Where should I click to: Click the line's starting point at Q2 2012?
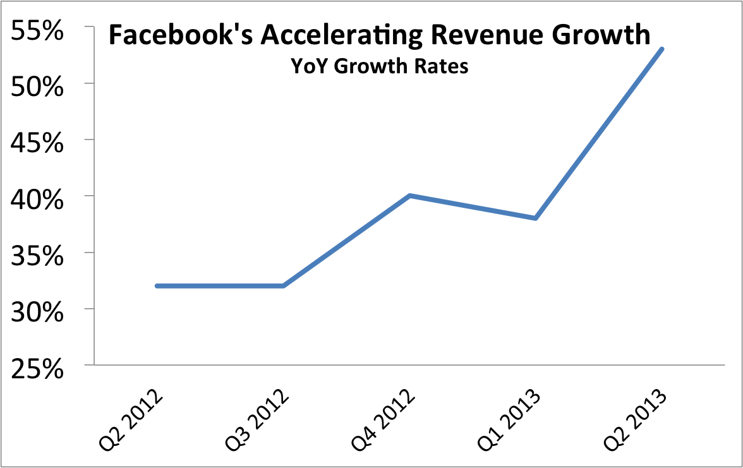[157, 285]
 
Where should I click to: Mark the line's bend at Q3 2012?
[283, 285]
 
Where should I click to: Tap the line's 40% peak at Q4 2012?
[409, 196]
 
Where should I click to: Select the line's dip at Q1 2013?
[535, 218]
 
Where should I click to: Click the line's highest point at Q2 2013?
[661, 49]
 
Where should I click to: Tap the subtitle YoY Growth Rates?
[379, 66]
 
